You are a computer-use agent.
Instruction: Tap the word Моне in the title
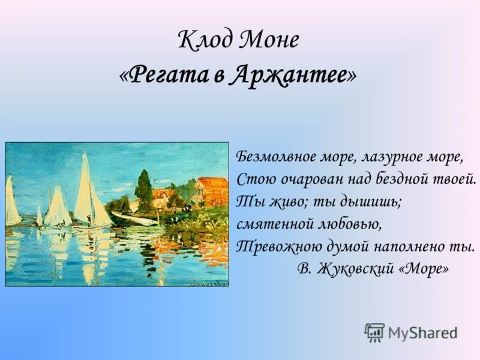coord(269,41)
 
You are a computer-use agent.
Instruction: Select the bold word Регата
coord(167,74)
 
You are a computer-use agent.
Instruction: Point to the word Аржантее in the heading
coord(288,74)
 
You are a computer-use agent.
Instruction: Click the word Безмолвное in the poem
coord(273,157)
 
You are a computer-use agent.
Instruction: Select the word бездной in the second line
coord(404,179)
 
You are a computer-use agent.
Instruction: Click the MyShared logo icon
coord(374,332)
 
